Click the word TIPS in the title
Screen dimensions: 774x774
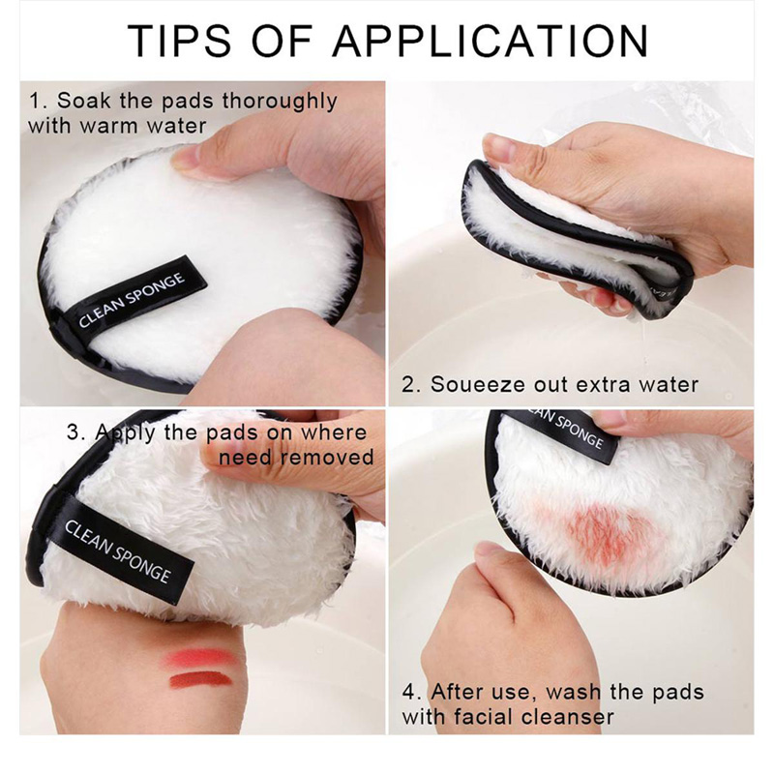pos(179,40)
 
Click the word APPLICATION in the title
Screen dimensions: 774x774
pos(491,40)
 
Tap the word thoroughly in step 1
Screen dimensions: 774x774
pos(280,102)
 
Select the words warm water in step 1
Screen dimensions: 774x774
pos(142,126)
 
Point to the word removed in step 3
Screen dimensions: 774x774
pos(327,457)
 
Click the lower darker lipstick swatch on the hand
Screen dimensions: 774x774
pos(201,681)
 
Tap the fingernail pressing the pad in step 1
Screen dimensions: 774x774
pos(183,158)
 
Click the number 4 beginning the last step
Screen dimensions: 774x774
pos(408,692)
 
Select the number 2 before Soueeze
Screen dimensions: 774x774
pos(408,384)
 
